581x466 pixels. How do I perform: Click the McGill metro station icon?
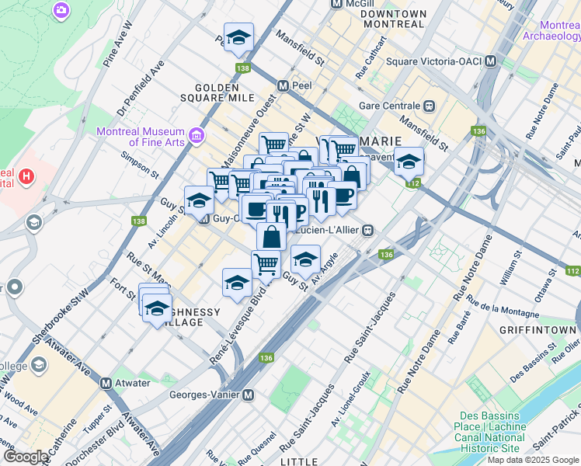[336, 4]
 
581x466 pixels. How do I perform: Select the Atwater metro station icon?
[108, 382]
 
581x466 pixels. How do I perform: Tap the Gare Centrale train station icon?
[428, 106]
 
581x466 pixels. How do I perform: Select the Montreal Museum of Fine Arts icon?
[196, 137]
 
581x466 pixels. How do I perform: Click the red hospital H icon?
[27, 176]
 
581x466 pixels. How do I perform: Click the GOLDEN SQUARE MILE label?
[225, 92]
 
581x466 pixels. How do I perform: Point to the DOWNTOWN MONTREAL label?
[393, 19]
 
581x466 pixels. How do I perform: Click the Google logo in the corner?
[26, 457]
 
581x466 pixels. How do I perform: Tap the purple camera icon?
[61, 11]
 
